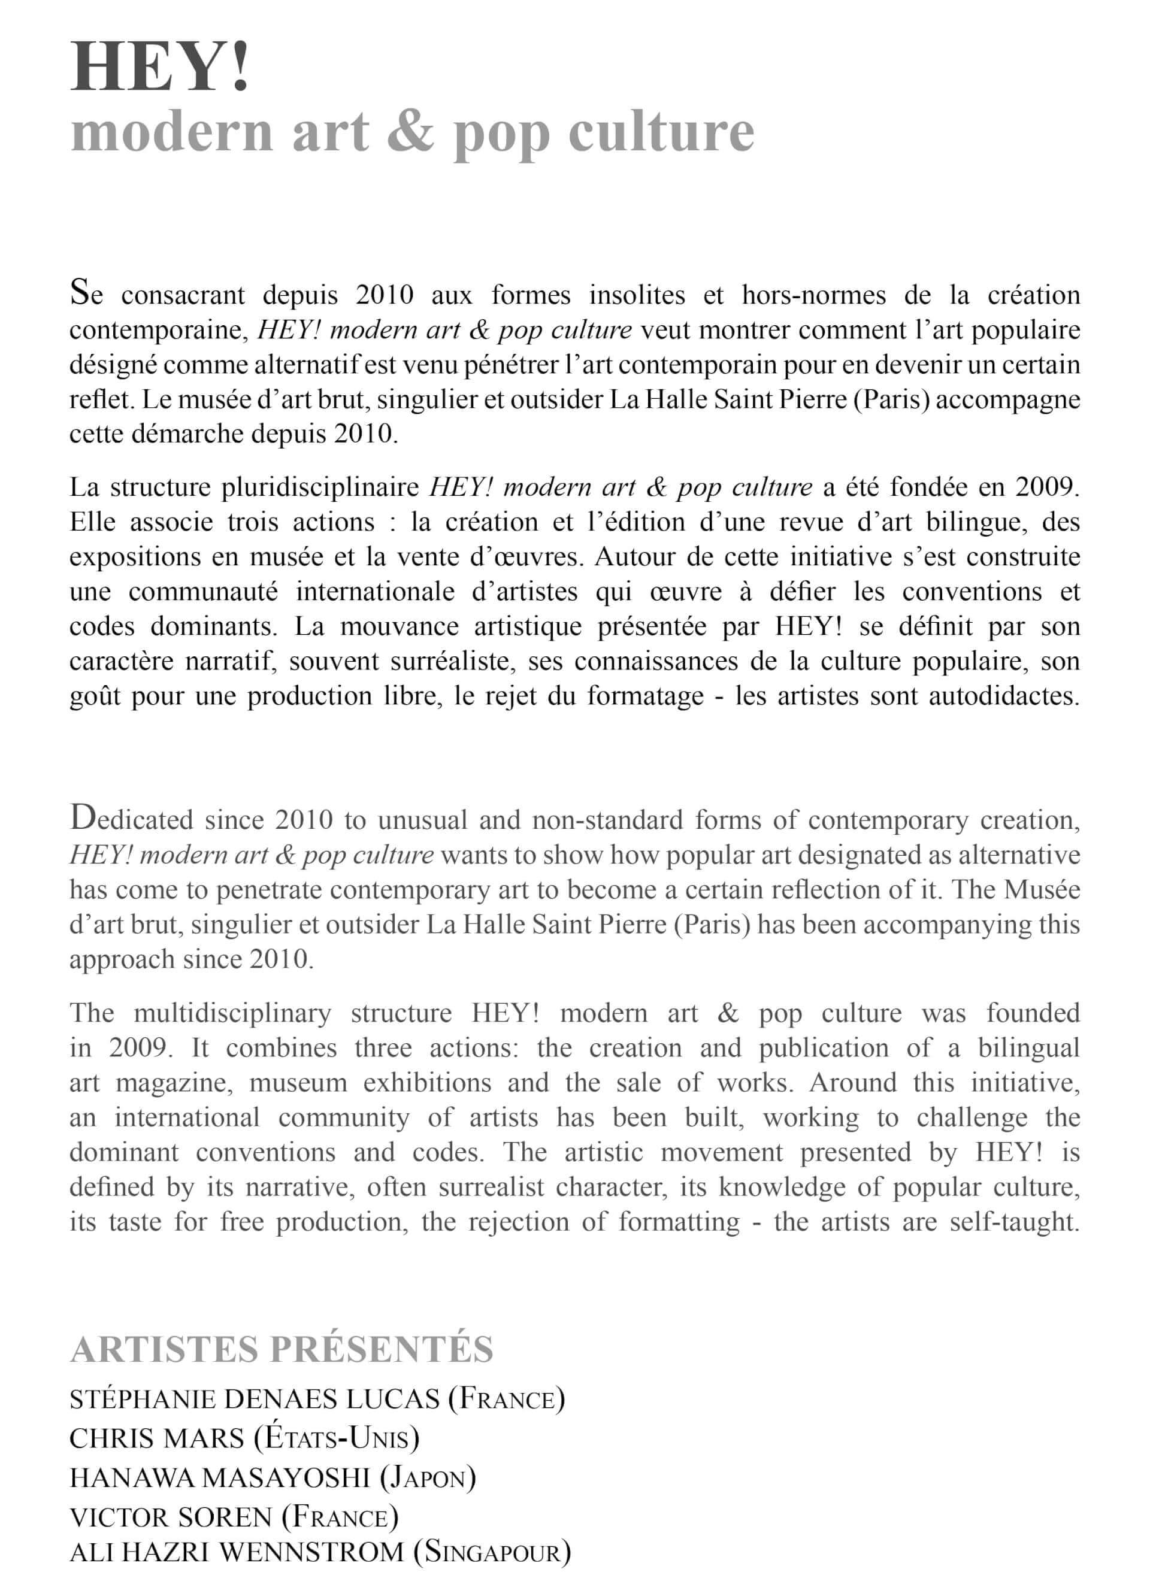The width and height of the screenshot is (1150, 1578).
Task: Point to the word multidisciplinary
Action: tap(232, 1013)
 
